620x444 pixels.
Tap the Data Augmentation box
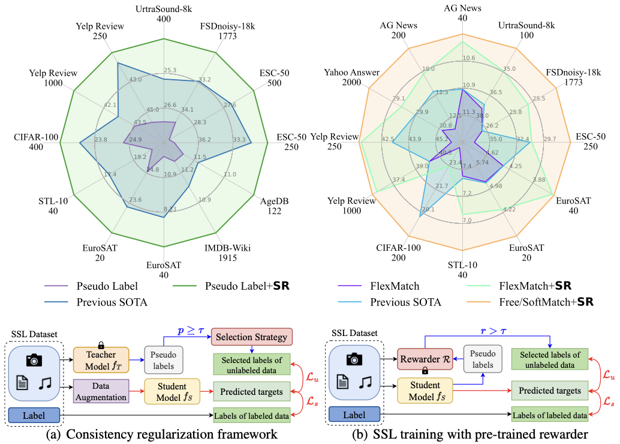tap(101, 391)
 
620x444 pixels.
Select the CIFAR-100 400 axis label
tap(36, 143)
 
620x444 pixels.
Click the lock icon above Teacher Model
tap(101, 344)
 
